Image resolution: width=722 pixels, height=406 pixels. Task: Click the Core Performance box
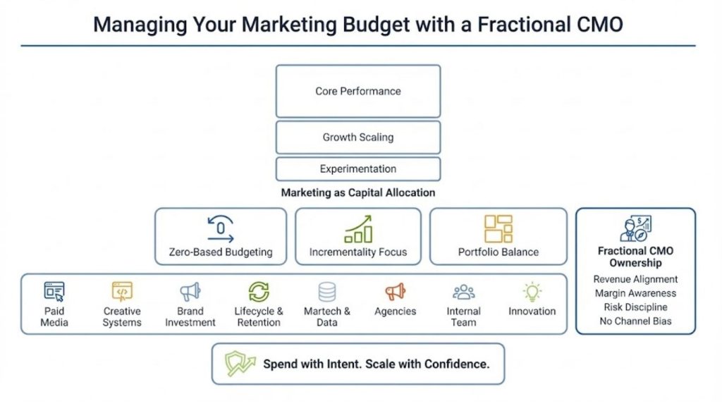[x=357, y=91]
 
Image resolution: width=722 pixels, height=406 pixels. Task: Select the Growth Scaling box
[x=357, y=137]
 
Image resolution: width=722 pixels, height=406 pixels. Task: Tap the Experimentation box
[x=357, y=169]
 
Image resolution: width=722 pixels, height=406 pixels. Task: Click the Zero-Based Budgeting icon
[x=220, y=230]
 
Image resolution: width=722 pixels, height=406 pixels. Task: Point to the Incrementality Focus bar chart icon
[x=357, y=230]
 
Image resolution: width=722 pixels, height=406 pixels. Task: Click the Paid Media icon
[x=54, y=291]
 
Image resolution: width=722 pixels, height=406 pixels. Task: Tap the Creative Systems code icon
[x=122, y=291]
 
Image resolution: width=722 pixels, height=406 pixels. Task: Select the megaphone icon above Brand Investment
[x=190, y=291]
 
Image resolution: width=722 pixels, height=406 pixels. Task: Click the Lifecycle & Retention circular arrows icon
[x=259, y=291]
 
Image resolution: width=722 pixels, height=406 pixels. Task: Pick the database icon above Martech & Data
[x=327, y=291]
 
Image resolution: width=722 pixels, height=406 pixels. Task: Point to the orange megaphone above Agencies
[x=395, y=291]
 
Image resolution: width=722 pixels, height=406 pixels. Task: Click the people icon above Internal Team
[x=463, y=291]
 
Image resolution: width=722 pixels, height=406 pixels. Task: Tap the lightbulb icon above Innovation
[x=532, y=291]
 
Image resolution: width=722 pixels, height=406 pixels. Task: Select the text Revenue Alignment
[x=635, y=279]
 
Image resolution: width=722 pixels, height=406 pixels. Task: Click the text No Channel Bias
[x=635, y=321]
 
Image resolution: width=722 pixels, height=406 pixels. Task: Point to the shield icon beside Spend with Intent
[x=240, y=364]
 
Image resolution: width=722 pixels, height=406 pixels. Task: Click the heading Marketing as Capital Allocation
[x=357, y=192]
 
